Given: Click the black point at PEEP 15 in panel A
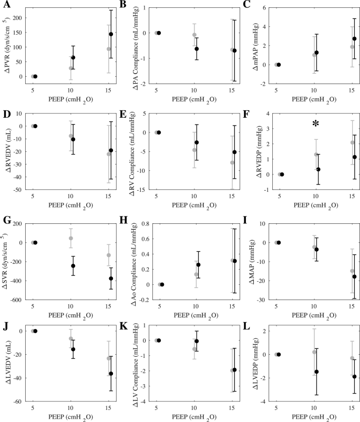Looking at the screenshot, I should (111, 34).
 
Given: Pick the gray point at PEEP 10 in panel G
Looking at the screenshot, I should (71, 238).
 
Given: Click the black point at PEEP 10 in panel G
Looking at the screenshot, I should (73, 266).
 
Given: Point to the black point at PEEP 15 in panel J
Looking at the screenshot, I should (111, 374).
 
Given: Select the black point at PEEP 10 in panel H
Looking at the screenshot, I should (198, 265).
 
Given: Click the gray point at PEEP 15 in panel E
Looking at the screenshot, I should (232, 162).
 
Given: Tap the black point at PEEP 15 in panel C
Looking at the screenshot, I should (354, 38).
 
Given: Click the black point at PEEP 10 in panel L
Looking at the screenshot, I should (317, 372).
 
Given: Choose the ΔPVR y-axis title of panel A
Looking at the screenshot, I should (6, 50).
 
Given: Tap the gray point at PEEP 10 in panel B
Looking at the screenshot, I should (194, 35).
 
